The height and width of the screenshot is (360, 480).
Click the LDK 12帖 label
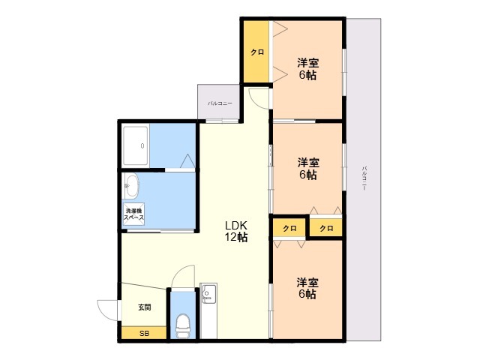click(236, 231)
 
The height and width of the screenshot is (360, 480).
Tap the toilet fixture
click(183, 325)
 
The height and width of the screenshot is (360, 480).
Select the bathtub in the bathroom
click(135, 146)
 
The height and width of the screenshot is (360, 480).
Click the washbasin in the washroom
click(132, 186)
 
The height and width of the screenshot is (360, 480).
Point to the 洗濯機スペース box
click(133, 214)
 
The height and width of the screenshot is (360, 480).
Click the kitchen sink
click(208, 293)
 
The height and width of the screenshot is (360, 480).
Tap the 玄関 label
click(144, 307)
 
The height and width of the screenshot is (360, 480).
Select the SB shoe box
click(144, 333)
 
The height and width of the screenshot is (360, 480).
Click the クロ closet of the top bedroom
click(256, 52)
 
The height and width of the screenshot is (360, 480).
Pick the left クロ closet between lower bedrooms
click(289, 228)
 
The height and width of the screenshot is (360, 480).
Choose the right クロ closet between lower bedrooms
click(326, 228)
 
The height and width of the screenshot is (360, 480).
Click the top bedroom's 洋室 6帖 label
click(307, 69)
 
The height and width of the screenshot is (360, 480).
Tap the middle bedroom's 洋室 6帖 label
click(308, 168)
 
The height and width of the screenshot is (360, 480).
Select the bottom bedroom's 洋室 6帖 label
click(307, 288)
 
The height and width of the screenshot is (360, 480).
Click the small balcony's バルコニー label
click(220, 103)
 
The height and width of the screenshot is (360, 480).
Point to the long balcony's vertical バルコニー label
click(364, 178)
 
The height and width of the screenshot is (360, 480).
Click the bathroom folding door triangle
click(187, 161)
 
